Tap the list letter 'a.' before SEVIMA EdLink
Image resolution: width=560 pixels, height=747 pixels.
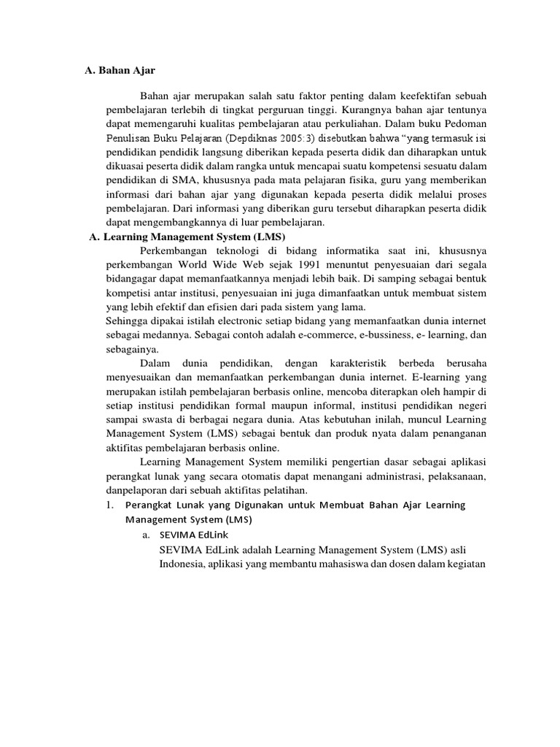[147, 535]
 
